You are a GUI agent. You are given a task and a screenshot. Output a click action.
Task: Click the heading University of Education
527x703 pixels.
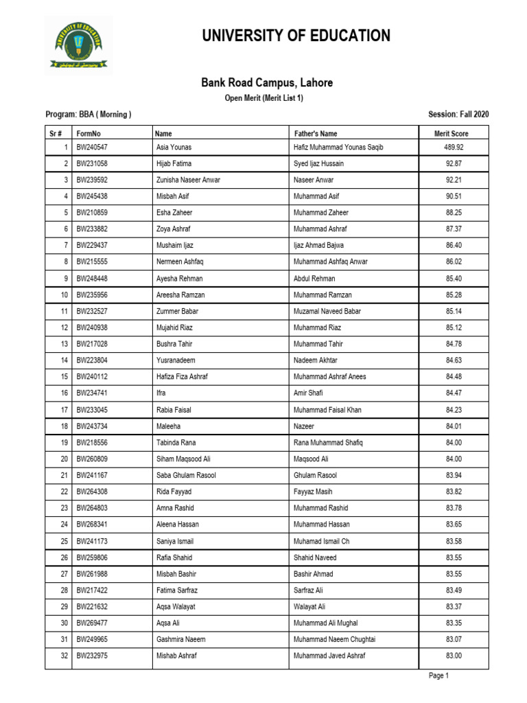(296, 36)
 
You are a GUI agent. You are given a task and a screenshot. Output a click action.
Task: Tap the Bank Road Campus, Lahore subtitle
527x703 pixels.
(266, 83)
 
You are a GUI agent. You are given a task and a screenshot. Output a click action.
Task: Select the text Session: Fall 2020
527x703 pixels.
(458, 115)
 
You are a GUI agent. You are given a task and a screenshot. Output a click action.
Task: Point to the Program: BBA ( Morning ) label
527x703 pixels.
(89, 115)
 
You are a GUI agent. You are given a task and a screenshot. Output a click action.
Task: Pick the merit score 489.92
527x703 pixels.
(454, 148)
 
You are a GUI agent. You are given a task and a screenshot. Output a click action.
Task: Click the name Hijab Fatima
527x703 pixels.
(174, 164)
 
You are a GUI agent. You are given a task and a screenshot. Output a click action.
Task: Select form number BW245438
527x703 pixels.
(92, 196)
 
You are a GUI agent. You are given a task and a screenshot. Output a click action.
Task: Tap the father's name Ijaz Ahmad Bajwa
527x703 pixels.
(319, 246)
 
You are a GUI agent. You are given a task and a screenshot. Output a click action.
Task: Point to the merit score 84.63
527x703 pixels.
(454, 360)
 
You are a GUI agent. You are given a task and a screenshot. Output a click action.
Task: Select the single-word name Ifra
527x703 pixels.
(162, 393)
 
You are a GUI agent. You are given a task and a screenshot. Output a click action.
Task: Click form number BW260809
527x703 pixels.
(92, 459)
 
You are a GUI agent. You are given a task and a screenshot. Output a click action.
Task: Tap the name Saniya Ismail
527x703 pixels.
(176, 541)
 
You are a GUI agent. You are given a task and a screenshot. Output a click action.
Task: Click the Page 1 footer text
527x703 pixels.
(438, 676)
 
